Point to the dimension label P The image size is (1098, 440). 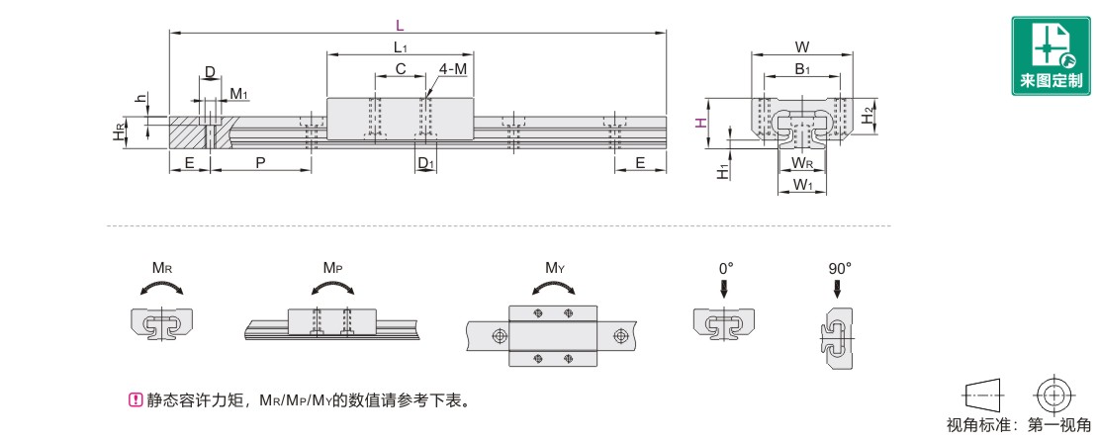pos(259,162)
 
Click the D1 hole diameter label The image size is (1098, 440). pos(424,162)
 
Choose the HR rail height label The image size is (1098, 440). pos(119,132)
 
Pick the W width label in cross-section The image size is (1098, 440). pos(802,46)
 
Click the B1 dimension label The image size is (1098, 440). pos(802,69)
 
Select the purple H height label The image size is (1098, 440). pos(699,123)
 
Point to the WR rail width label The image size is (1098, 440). pos(802,162)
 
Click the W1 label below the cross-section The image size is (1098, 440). pos(802,185)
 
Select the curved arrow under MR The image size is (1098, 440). pos(161,287)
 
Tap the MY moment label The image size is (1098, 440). pos(555,267)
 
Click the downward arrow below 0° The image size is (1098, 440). pos(725,288)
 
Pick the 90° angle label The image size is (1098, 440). pos(839,267)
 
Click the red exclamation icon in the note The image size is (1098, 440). pos(136,400)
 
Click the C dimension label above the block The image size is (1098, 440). pos(401,69)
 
